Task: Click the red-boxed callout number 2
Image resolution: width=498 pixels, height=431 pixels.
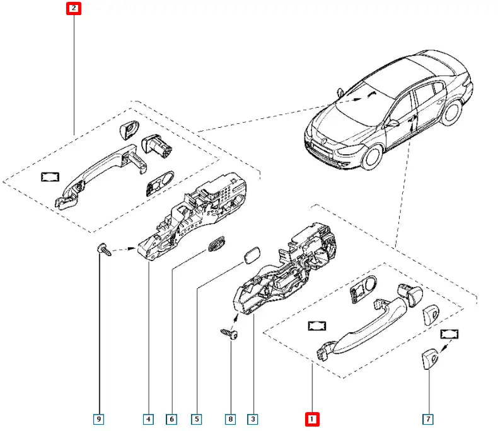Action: [74, 9]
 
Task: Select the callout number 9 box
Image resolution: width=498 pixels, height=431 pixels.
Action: [99, 418]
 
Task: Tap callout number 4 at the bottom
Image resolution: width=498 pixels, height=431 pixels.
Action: [148, 418]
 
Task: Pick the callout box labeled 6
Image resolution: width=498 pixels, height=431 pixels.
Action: [171, 418]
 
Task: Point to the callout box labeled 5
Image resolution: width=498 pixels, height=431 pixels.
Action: [197, 418]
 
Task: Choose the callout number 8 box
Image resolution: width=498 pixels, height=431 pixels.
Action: [231, 418]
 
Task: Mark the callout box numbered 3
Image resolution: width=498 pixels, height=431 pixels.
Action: [252, 418]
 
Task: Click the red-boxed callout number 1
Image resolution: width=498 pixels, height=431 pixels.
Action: [312, 418]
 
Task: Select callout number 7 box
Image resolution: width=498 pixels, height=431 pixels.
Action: [428, 418]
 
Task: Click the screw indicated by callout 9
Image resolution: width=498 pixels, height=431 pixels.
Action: [103, 250]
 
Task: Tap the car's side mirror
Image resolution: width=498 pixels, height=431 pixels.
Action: [392, 123]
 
